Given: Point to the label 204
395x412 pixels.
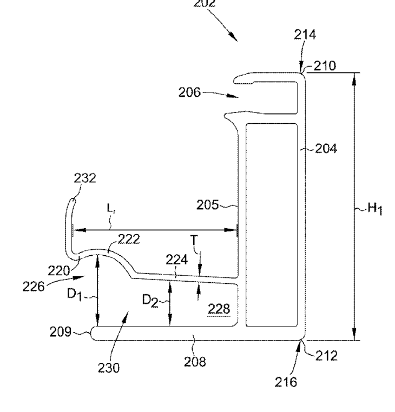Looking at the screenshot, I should pyautogui.click(x=326, y=148).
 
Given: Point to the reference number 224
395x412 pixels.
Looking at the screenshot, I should pyautogui.click(x=176, y=260).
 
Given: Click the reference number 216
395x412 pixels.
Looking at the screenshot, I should pyautogui.click(x=286, y=382).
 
